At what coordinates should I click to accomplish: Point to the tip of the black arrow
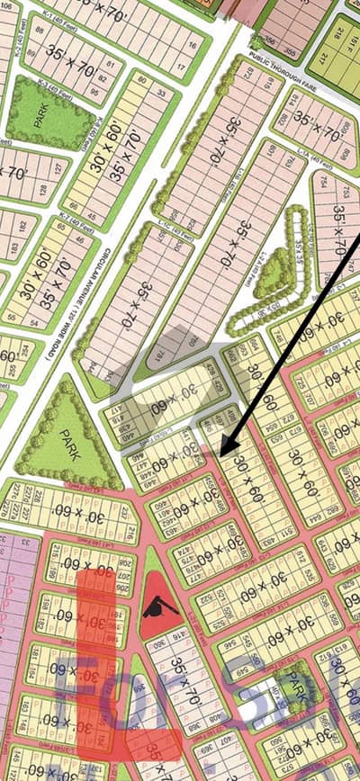click(221, 451)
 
